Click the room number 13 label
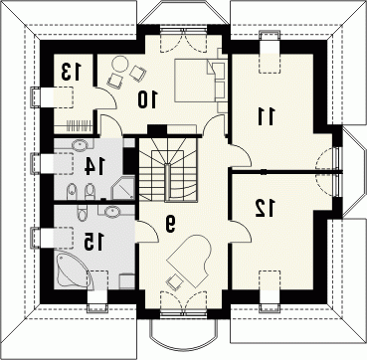click(x=71, y=72)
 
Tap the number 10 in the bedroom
click(x=148, y=99)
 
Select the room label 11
click(x=267, y=116)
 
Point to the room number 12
click(x=265, y=208)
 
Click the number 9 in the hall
click(x=170, y=224)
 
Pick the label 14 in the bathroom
click(x=94, y=165)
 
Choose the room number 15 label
click(x=93, y=241)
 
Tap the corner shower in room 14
click(x=123, y=188)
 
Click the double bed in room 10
click(x=200, y=81)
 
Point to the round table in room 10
click(x=119, y=64)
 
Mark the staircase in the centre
click(x=168, y=169)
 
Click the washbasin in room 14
click(x=80, y=145)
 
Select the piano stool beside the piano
click(x=175, y=282)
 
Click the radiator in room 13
click(x=79, y=126)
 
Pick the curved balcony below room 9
click(x=183, y=334)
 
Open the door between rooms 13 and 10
click(x=105, y=98)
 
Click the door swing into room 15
click(x=146, y=231)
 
